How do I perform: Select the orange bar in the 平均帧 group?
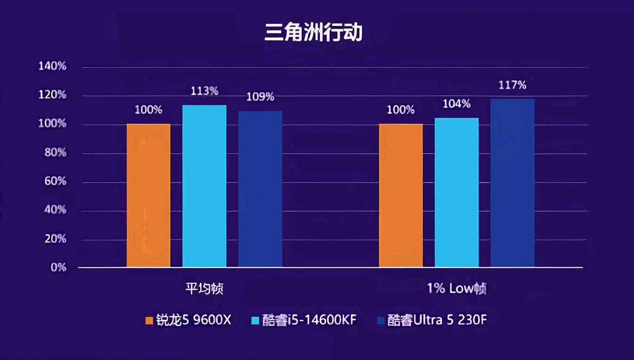(x=148, y=196)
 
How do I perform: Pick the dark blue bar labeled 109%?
(x=260, y=189)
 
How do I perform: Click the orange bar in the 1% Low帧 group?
(x=401, y=196)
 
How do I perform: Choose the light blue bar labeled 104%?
(x=456, y=192)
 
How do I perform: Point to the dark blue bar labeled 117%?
(x=512, y=183)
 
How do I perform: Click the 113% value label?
(x=204, y=90)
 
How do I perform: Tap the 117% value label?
(x=512, y=85)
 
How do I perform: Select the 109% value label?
(x=260, y=97)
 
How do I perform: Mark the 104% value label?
(x=456, y=104)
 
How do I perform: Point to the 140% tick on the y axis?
(x=52, y=67)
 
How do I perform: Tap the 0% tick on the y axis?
(x=58, y=267)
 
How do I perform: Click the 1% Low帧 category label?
(x=456, y=289)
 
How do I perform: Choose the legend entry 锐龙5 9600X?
(x=189, y=320)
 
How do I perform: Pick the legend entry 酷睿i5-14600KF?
(x=304, y=320)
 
